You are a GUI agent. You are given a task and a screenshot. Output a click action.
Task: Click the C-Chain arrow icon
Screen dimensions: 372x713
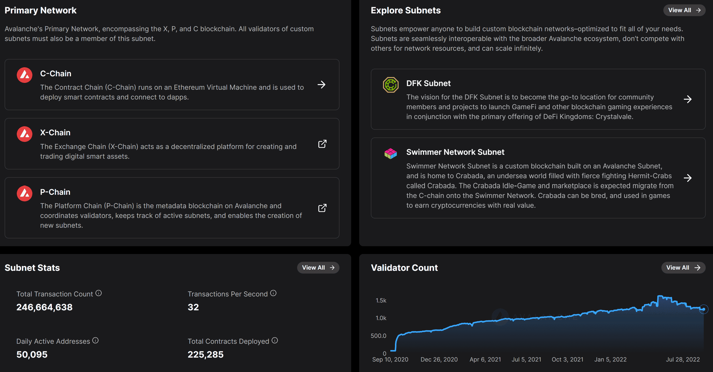321,85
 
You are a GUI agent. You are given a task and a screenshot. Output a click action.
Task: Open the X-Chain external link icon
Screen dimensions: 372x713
322,144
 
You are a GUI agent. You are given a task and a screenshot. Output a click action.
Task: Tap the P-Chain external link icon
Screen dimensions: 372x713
322,208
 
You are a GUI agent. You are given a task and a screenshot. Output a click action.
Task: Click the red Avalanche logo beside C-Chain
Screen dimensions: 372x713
25,75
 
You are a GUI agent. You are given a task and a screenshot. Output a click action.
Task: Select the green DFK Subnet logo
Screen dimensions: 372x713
391,85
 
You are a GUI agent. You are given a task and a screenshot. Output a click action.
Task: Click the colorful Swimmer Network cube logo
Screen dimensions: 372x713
391,153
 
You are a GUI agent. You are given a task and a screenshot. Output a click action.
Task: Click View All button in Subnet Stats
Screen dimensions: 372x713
318,267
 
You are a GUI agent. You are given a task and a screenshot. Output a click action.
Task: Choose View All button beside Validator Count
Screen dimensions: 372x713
683,267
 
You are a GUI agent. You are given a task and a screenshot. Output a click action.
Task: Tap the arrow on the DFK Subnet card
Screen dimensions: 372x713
687,99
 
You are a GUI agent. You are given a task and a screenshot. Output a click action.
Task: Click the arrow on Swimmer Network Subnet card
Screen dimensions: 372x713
687,178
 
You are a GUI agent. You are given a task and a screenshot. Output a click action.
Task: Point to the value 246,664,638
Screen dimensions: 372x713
44,307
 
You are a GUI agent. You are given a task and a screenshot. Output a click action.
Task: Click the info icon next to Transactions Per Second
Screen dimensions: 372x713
273,293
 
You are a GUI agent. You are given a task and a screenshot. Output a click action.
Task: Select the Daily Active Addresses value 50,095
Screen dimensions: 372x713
32,354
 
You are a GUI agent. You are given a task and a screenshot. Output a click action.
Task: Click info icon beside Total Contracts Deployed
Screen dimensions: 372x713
274,340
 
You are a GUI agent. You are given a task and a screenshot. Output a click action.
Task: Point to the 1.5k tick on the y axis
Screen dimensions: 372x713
381,301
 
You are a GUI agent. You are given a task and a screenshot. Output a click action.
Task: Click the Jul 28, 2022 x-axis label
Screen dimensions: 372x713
683,360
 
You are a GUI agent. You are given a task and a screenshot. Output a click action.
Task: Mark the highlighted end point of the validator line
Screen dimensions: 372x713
703,309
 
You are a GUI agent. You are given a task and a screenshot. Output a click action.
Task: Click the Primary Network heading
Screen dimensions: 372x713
40,10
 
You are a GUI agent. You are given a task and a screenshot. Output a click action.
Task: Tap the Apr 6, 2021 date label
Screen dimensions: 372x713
485,360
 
